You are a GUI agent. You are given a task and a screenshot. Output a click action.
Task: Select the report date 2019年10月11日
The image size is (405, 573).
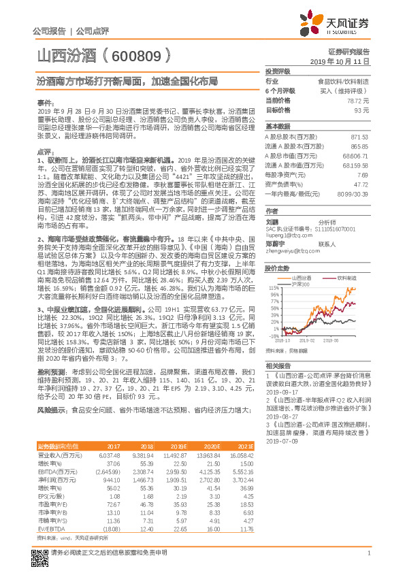click(x=344, y=61)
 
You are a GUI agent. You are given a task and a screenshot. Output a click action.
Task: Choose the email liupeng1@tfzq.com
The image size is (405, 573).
click(x=286, y=234)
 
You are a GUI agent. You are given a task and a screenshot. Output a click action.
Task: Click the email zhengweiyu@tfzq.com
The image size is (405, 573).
click(x=290, y=251)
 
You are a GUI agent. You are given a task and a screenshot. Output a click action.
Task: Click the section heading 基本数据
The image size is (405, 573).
click(x=277, y=127)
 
